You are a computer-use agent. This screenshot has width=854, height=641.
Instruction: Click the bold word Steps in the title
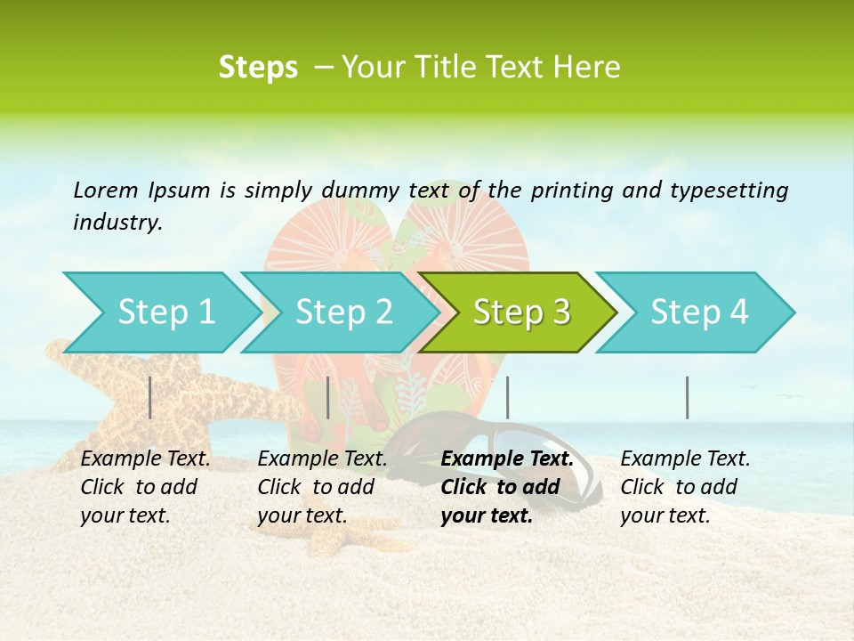pos(258,68)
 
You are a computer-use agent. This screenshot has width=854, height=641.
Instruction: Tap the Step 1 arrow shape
pos(160,312)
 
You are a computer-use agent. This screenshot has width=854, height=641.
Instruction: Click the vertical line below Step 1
pos(150,397)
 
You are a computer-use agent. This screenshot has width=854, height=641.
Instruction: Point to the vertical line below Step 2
pos(328,397)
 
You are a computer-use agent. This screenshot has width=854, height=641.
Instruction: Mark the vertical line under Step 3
pos(507,397)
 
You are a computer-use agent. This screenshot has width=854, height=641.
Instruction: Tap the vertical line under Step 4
pos(687,397)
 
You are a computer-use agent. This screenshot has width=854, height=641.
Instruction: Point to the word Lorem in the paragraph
pos(106,190)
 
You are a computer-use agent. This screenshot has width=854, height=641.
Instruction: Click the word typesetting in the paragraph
pos(729,190)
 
